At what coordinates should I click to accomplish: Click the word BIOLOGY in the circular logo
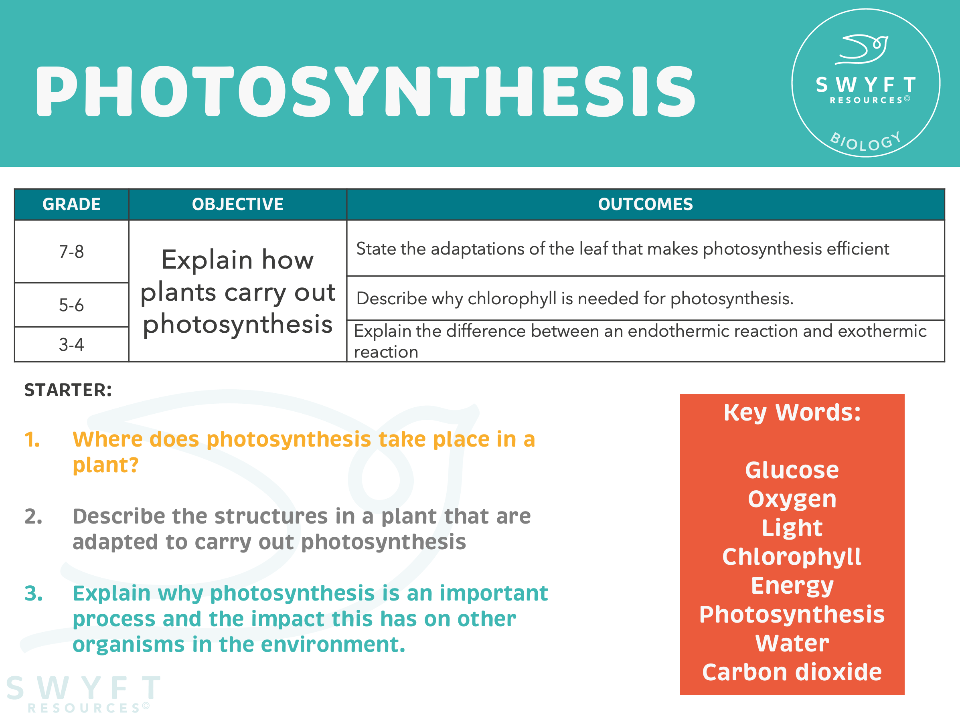click(x=865, y=142)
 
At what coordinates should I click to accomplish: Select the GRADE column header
click(x=72, y=204)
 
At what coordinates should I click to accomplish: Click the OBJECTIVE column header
click(x=238, y=204)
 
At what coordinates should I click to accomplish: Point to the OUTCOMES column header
click(x=645, y=204)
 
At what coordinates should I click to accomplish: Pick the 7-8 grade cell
click(x=72, y=252)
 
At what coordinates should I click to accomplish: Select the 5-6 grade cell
click(x=72, y=305)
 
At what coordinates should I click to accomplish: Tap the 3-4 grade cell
click(x=72, y=345)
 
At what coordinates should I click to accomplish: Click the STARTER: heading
click(x=68, y=390)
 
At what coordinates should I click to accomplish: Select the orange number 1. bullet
click(x=32, y=440)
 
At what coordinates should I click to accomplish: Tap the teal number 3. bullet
click(x=33, y=593)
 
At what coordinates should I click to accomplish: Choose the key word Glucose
click(x=792, y=470)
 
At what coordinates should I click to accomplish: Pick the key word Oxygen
click(x=792, y=499)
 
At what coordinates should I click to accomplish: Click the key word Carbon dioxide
click(x=792, y=672)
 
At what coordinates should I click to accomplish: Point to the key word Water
click(x=792, y=643)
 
